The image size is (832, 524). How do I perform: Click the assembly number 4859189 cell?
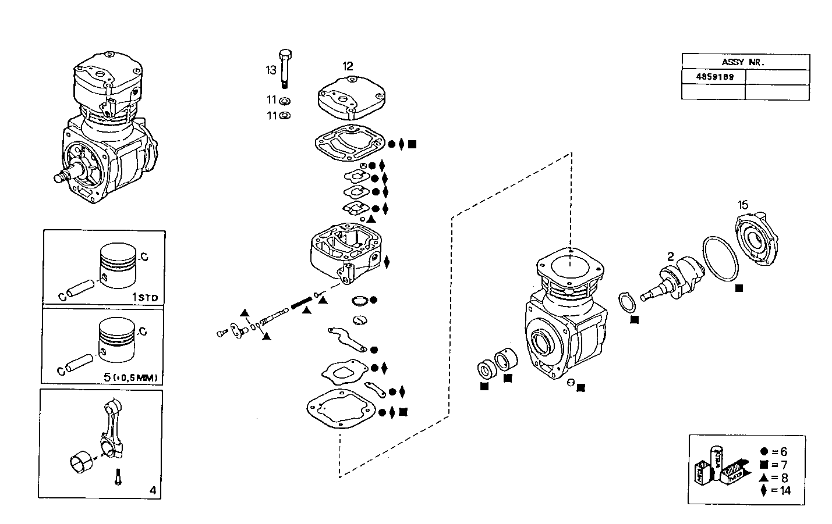713,77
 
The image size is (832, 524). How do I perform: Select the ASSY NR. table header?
745,62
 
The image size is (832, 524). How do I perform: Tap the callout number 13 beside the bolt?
271,70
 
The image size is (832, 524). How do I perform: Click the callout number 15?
743,205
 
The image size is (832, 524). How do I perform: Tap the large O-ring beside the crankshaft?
721,259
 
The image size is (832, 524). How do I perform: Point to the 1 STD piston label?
144,297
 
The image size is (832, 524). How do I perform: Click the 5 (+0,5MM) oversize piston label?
130,377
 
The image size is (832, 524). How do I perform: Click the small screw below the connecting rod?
118,477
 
